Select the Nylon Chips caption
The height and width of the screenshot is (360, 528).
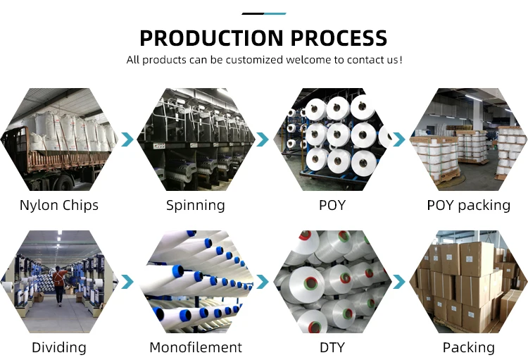[59, 206]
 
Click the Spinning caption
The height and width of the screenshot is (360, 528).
[196, 206]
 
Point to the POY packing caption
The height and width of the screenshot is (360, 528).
[468, 206]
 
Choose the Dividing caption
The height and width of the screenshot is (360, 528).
[59, 347]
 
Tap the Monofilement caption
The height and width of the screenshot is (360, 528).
[196, 347]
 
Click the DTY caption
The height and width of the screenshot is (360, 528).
[332, 347]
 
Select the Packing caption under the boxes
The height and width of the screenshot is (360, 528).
[468, 347]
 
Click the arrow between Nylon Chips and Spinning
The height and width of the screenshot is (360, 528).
[127, 139]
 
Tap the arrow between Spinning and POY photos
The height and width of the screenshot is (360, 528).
[263, 139]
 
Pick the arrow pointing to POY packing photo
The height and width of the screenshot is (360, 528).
[398, 139]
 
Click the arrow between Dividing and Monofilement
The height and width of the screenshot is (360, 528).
[127, 282]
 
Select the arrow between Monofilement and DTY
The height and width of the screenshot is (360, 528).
[263, 282]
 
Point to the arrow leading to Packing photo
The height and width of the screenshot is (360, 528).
[398, 282]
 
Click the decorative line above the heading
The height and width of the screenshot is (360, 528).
[263, 13]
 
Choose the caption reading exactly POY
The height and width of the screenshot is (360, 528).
[332, 206]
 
